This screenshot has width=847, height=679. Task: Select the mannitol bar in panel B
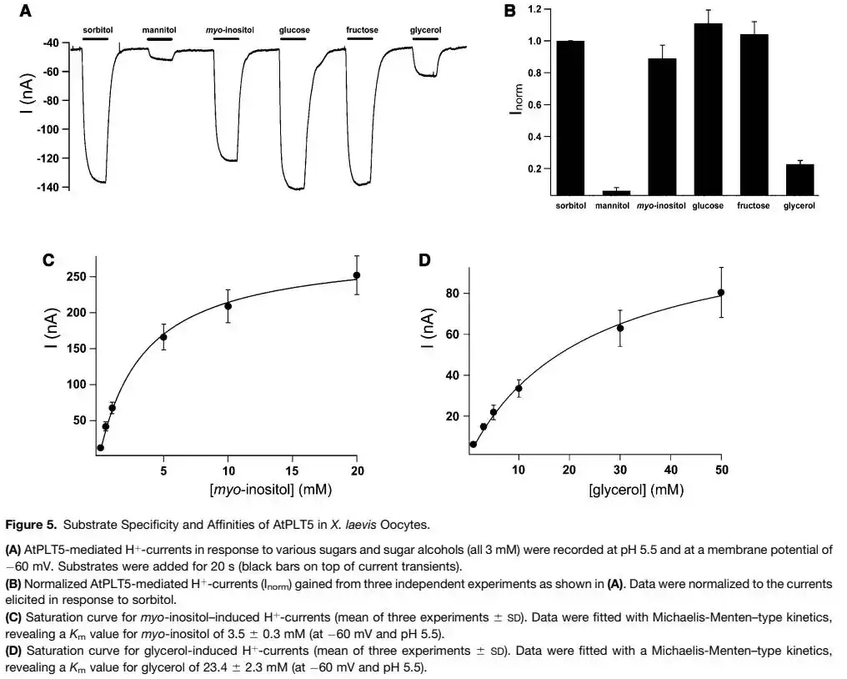coord(616,193)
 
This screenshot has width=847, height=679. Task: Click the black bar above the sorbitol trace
coord(97,38)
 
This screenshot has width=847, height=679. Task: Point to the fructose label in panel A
coord(362,30)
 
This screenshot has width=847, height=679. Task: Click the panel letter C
coord(49,259)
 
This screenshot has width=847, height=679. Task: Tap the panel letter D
coord(424,259)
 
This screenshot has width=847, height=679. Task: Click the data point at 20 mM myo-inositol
coord(357,275)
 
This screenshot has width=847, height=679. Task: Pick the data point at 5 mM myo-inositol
coord(163,337)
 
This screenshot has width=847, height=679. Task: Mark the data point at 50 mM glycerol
coord(721,292)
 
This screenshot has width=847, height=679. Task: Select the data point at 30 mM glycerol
coord(620,328)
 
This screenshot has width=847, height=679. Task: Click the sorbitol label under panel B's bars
coord(571,205)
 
